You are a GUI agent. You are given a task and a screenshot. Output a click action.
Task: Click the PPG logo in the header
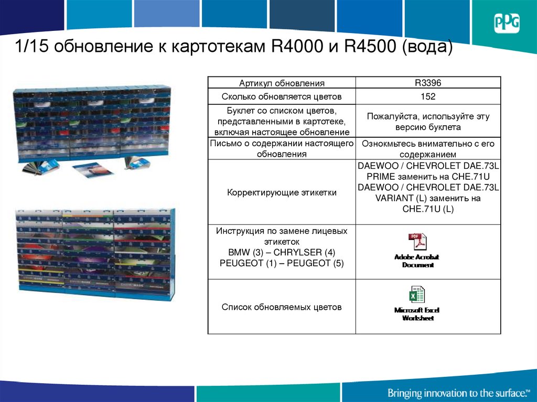point(506,24)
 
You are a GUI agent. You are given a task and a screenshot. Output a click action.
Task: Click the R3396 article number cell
point(428,82)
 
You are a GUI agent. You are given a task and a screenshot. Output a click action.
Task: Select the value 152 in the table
point(428,96)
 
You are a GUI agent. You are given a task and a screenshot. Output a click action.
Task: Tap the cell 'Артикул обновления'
point(282,83)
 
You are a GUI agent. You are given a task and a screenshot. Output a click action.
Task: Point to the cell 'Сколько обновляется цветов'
point(282,96)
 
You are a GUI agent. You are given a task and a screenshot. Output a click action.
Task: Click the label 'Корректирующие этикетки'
point(282,192)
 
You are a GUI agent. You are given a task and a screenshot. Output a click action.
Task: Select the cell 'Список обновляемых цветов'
point(282,307)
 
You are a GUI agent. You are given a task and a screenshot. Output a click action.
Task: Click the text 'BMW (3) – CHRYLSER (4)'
point(282,253)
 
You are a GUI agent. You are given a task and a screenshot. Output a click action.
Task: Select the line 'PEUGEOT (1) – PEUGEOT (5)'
point(282,264)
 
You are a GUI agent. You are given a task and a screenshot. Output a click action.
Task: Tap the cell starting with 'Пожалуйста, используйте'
point(428,122)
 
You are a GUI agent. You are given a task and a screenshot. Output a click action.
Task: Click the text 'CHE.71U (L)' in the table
point(428,209)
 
